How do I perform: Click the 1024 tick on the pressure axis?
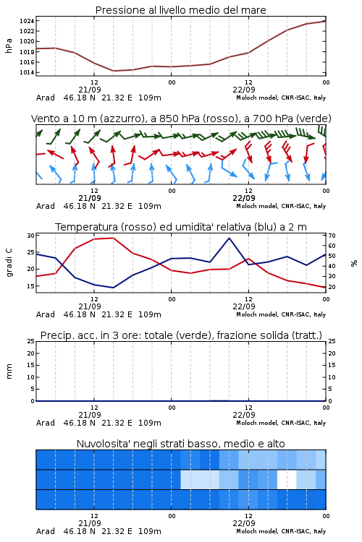pyautogui.click(x=27, y=21)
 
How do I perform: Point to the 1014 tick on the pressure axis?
pyautogui.click(x=27, y=72)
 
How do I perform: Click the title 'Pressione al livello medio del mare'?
pyautogui.click(x=181, y=10)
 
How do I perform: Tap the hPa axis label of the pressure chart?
pyautogui.click(x=9, y=46)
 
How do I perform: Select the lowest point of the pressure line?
pyautogui.click(x=113, y=71)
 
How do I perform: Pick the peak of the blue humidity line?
pyautogui.click(x=229, y=238)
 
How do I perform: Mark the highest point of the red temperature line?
pyautogui.click(x=113, y=238)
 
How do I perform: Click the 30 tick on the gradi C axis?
pyautogui.click(x=31, y=236)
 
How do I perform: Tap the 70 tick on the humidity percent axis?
pyautogui.click(x=332, y=236)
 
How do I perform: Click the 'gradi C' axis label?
pyautogui.click(x=9, y=263)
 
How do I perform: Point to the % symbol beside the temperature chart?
pyautogui.click(x=354, y=263)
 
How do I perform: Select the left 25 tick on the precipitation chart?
pyautogui.click(x=31, y=341)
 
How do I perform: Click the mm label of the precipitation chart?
pyautogui.click(x=9, y=371)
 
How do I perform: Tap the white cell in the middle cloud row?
pyautogui.click(x=287, y=479)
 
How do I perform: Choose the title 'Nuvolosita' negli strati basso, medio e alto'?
pyautogui.click(x=181, y=444)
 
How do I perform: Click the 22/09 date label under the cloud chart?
pyautogui.click(x=244, y=523)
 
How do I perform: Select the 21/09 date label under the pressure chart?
pyautogui.click(x=90, y=90)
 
